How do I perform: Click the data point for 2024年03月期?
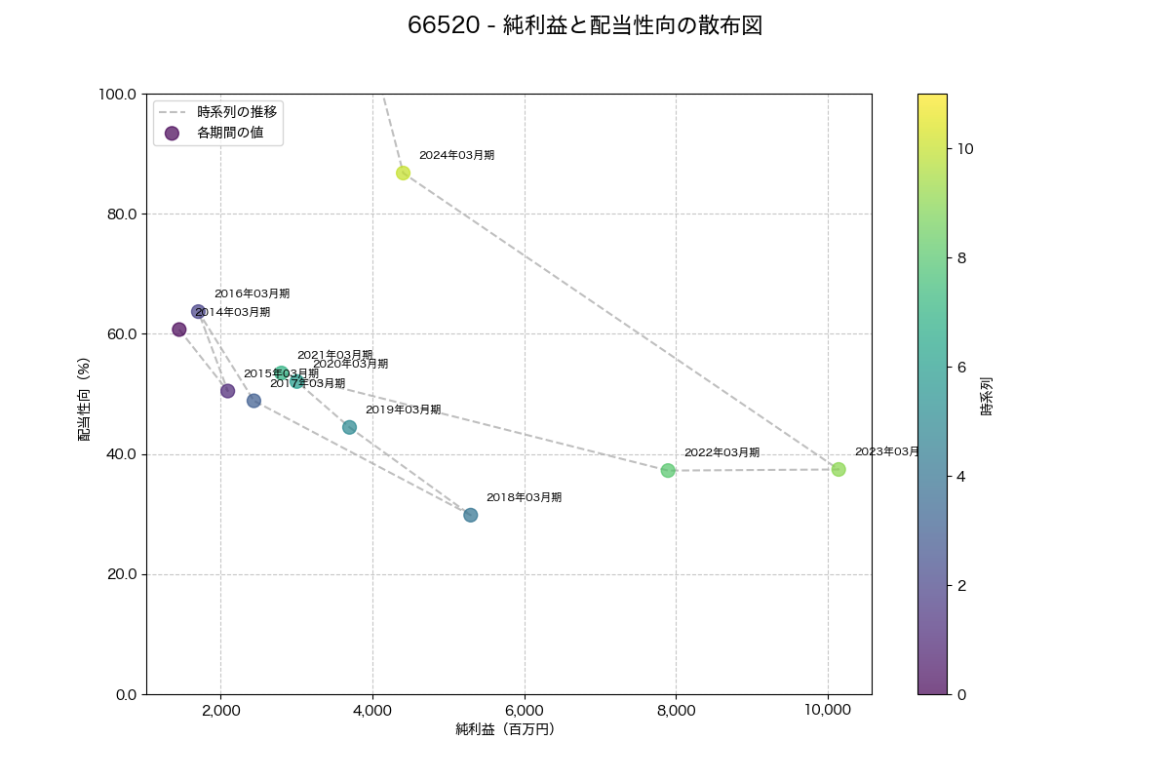403,173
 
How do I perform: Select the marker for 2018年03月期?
470,515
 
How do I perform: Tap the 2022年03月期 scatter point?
668,470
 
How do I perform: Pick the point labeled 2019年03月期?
349,427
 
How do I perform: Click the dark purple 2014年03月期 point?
179,330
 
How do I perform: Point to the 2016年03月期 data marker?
198,311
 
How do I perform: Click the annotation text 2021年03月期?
334,355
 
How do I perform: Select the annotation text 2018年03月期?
524,497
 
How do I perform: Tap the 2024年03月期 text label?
456,155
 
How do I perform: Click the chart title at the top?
585,26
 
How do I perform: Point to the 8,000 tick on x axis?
676,711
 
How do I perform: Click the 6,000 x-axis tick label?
525,711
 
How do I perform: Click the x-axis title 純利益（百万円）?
505,729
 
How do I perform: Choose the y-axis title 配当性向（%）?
85,394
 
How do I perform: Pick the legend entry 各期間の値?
230,133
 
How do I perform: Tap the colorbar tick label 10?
965,148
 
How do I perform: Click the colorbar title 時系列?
987,396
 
